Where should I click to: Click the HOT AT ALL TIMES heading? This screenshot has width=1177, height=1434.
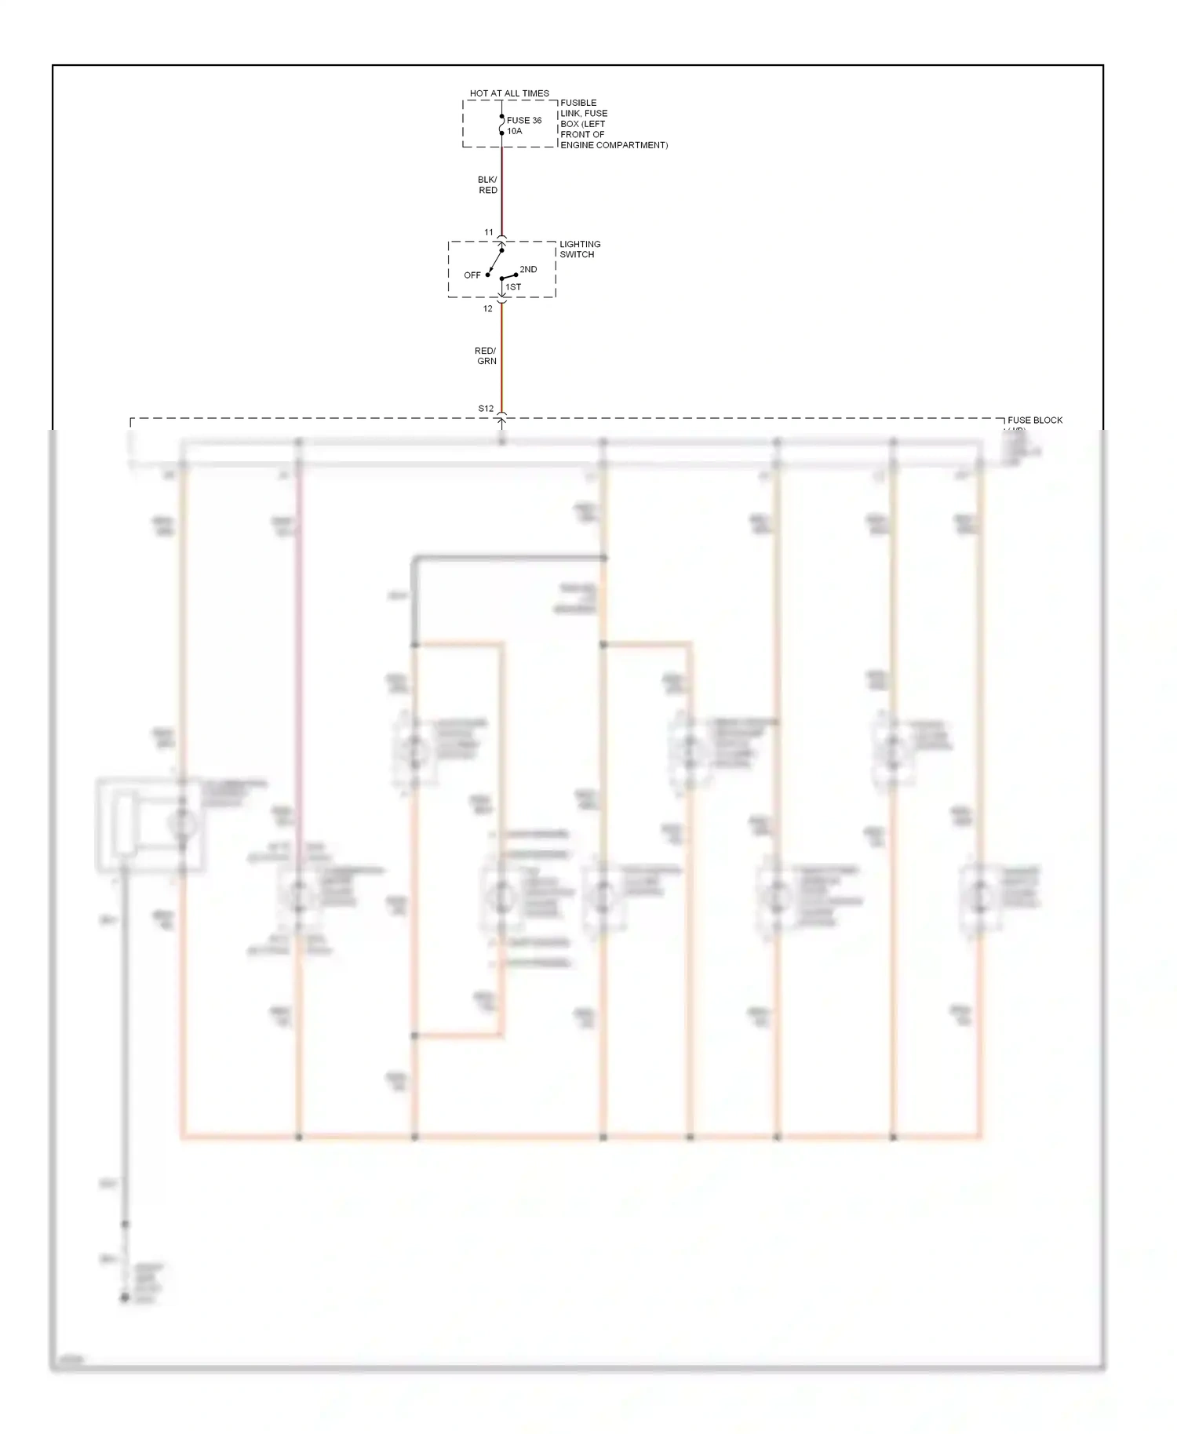tap(509, 93)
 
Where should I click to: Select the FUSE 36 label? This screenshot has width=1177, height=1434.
tap(524, 120)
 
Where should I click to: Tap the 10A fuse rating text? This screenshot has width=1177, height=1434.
tap(514, 131)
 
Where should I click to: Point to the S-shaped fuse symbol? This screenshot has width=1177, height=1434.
tap(501, 125)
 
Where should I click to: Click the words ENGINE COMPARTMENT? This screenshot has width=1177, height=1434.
tap(614, 145)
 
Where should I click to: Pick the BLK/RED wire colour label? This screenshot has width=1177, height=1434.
tap(487, 185)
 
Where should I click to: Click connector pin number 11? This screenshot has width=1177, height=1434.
tap(489, 232)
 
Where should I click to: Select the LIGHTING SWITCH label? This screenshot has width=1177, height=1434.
tap(579, 249)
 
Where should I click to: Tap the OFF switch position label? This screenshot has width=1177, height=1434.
tap(472, 275)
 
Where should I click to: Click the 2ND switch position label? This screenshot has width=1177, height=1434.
tap(528, 269)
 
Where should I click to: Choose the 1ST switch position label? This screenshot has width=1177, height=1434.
tap(513, 287)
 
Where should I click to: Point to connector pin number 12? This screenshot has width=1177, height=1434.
tap(488, 308)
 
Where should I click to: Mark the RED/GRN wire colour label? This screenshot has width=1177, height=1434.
tap(486, 356)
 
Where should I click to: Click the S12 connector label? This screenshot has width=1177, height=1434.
tap(486, 409)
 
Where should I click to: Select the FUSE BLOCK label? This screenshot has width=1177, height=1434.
tap(1034, 420)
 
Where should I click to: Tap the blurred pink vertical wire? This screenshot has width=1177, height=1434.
tap(298, 628)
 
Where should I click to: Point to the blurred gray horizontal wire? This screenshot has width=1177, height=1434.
tap(510, 558)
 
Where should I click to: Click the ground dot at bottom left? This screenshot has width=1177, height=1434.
tap(124, 1298)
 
